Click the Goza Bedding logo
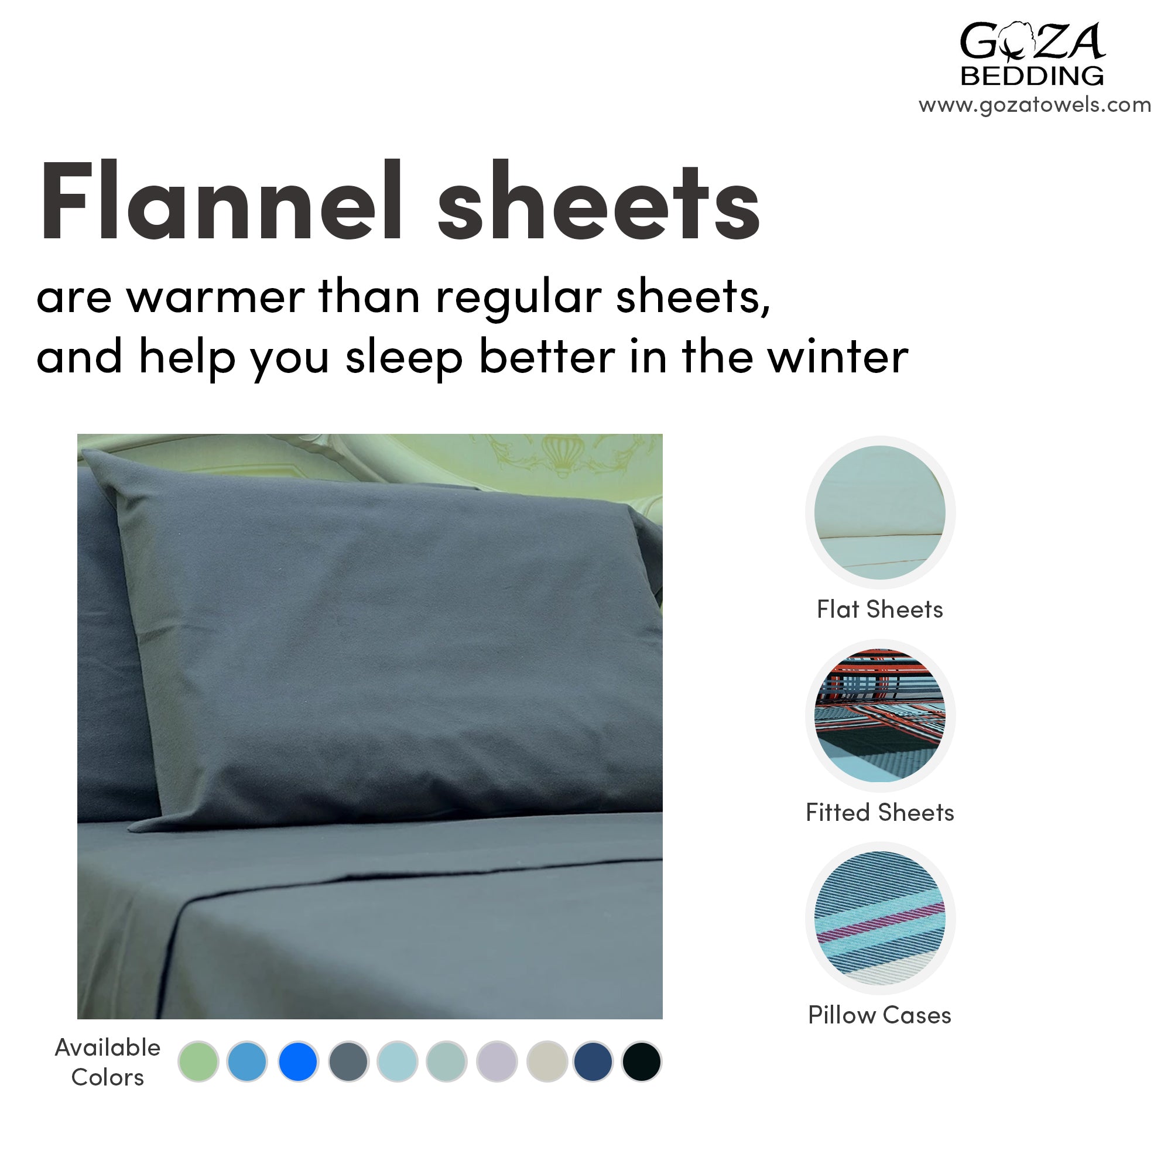[x=1032, y=53]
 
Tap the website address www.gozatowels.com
[x=1035, y=105]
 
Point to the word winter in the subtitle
[x=838, y=357]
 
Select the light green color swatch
[x=198, y=1062]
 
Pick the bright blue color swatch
[x=297, y=1062]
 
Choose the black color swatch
[x=641, y=1062]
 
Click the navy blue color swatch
[x=593, y=1062]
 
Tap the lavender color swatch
[x=497, y=1062]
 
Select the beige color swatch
[x=547, y=1062]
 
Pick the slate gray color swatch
[x=348, y=1062]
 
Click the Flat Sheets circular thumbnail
[x=880, y=513]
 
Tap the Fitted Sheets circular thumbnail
[x=880, y=716]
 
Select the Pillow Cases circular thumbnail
[x=880, y=918]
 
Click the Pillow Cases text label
[x=879, y=1015]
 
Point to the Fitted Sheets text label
[x=879, y=812]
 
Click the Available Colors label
[x=108, y=1062]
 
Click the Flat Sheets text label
[x=879, y=609]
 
